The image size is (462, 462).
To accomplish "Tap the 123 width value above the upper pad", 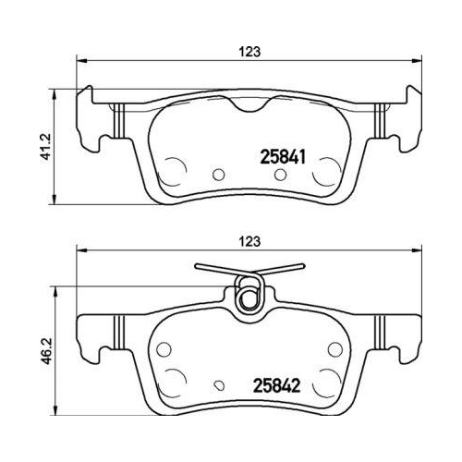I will [x=244, y=53].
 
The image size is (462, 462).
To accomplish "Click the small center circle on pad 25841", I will [x=219, y=173].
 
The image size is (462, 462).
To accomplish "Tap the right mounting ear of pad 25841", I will [x=398, y=120].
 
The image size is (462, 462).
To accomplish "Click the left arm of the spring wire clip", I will [x=218, y=270].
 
